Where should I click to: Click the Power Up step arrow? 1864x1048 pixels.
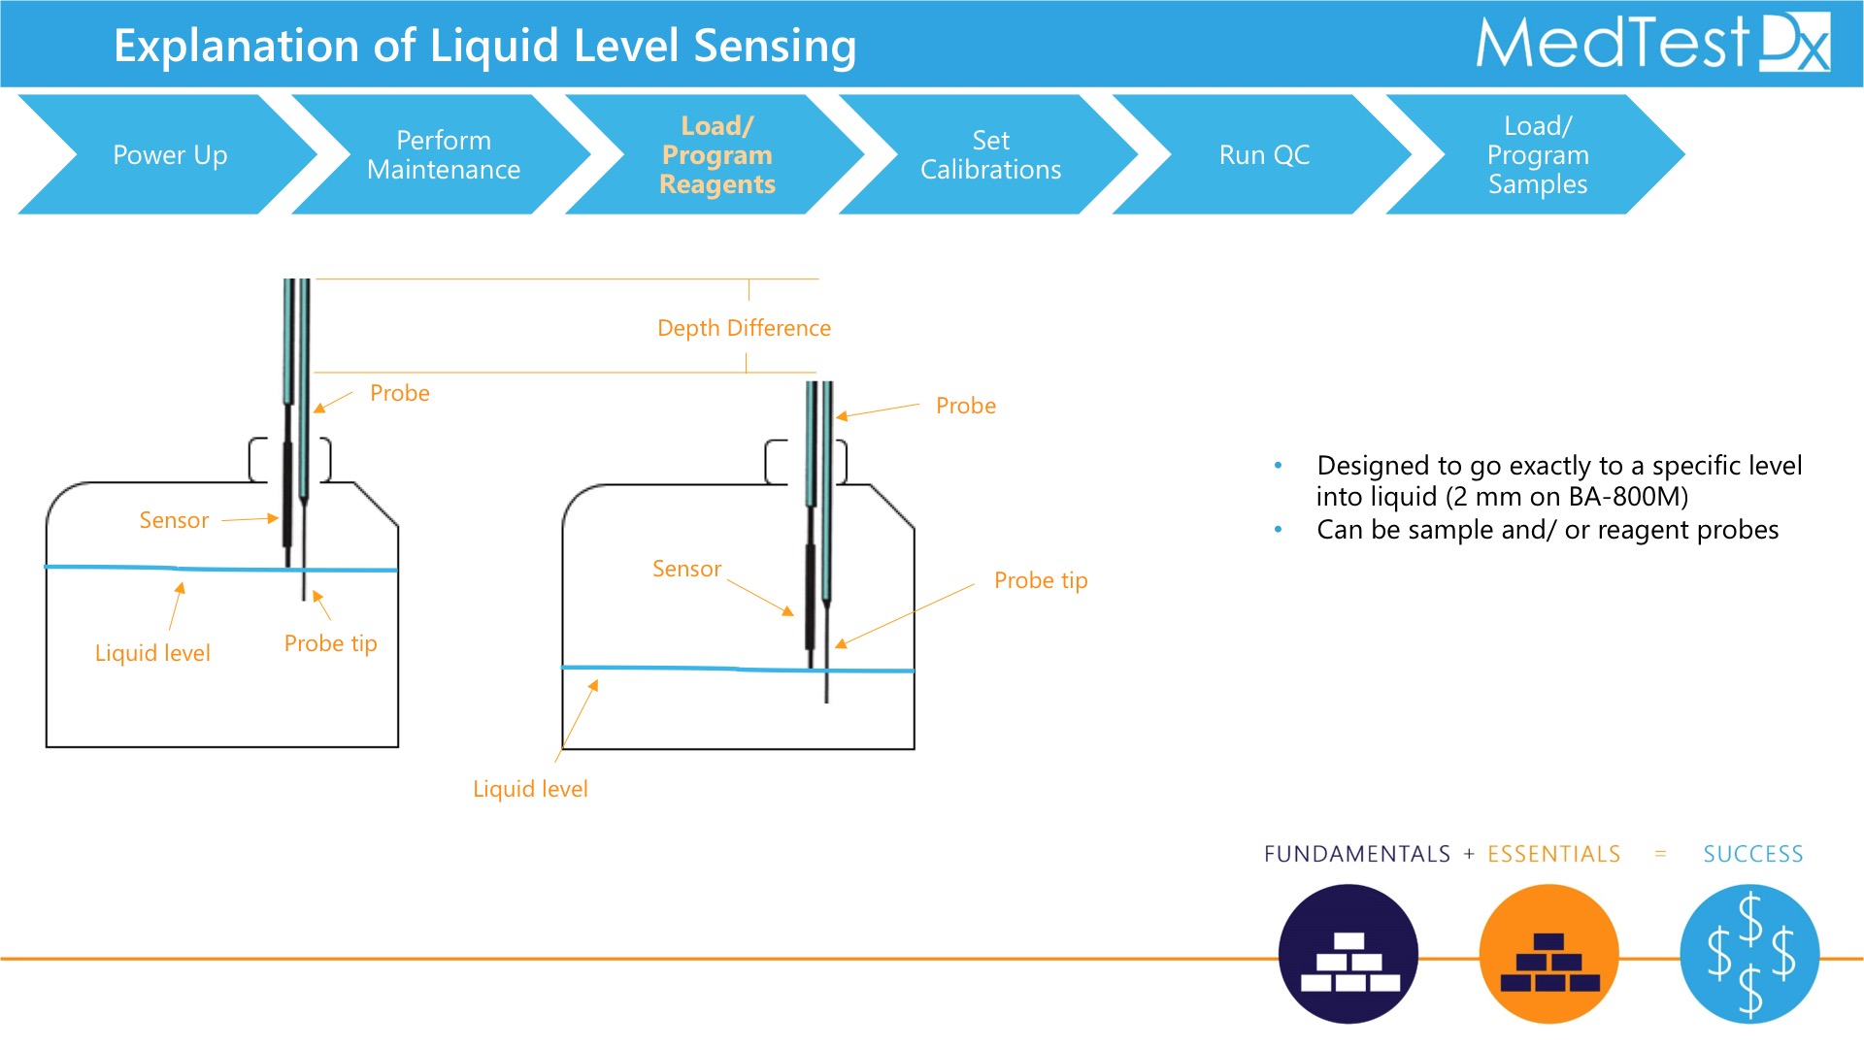pyautogui.click(x=170, y=154)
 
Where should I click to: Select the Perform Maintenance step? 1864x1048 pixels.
pyautogui.click(x=444, y=154)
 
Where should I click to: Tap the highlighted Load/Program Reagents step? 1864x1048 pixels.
pyautogui.click(x=717, y=154)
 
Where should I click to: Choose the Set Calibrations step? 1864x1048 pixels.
pyautogui.click(x=990, y=154)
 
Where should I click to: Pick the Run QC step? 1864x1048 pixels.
pyautogui.click(x=1264, y=154)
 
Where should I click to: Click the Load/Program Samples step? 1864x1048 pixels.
pyautogui.click(x=1538, y=154)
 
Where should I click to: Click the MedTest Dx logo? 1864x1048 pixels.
pyautogui.click(x=1652, y=43)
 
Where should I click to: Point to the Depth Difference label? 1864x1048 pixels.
pyautogui.click(x=744, y=328)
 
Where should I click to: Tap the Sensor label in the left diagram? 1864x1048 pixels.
pyautogui.click(x=174, y=520)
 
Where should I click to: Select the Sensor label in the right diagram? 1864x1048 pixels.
pyautogui.click(x=686, y=569)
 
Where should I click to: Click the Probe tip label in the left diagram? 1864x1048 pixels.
pyautogui.click(x=330, y=643)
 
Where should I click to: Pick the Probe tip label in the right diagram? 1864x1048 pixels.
pyautogui.click(x=1041, y=580)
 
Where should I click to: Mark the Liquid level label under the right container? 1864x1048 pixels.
pyautogui.click(x=530, y=789)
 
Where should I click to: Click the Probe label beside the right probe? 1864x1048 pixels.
pyautogui.click(x=966, y=406)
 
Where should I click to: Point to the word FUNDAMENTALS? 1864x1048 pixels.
pyautogui.click(x=1357, y=854)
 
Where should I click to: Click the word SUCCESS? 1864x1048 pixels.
pyautogui.click(x=1753, y=854)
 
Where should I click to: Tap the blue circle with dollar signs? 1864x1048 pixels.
pyautogui.click(x=1749, y=954)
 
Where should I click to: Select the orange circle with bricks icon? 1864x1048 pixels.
pyautogui.click(x=1549, y=954)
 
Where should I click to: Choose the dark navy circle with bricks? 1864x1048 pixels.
pyautogui.click(x=1348, y=954)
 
